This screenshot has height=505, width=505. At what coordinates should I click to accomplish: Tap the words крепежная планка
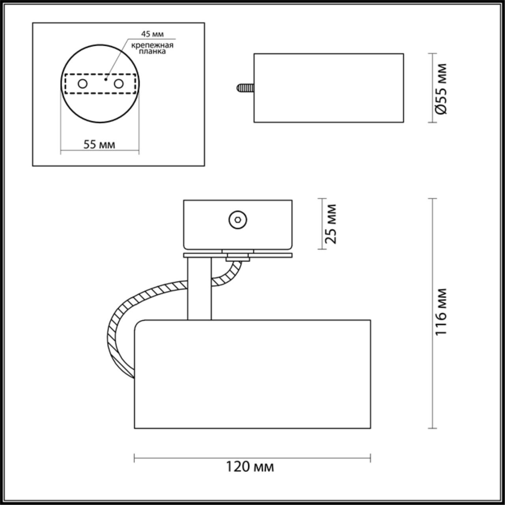[x=153, y=48]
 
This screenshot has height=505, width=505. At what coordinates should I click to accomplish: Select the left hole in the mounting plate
[x=82, y=84]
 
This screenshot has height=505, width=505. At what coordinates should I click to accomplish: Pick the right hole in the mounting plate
[x=118, y=84]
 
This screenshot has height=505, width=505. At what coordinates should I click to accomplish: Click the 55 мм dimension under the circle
[x=99, y=144]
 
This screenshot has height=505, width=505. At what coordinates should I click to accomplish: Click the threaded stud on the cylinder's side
[x=245, y=87]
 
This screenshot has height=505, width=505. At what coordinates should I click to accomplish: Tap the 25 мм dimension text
[x=332, y=224]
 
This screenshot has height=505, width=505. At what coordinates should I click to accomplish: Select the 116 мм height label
[x=441, y=312]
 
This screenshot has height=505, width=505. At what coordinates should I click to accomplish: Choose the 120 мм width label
[x=250, y=467]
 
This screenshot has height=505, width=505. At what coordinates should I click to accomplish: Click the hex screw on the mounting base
[x=238, y=219]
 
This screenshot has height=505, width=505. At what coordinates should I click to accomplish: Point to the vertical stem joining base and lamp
[x=199, y=288]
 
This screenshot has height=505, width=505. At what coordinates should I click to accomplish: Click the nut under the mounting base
[x=238, y=258]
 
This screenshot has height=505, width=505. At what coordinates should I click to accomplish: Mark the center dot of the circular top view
[x=106, y=79]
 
